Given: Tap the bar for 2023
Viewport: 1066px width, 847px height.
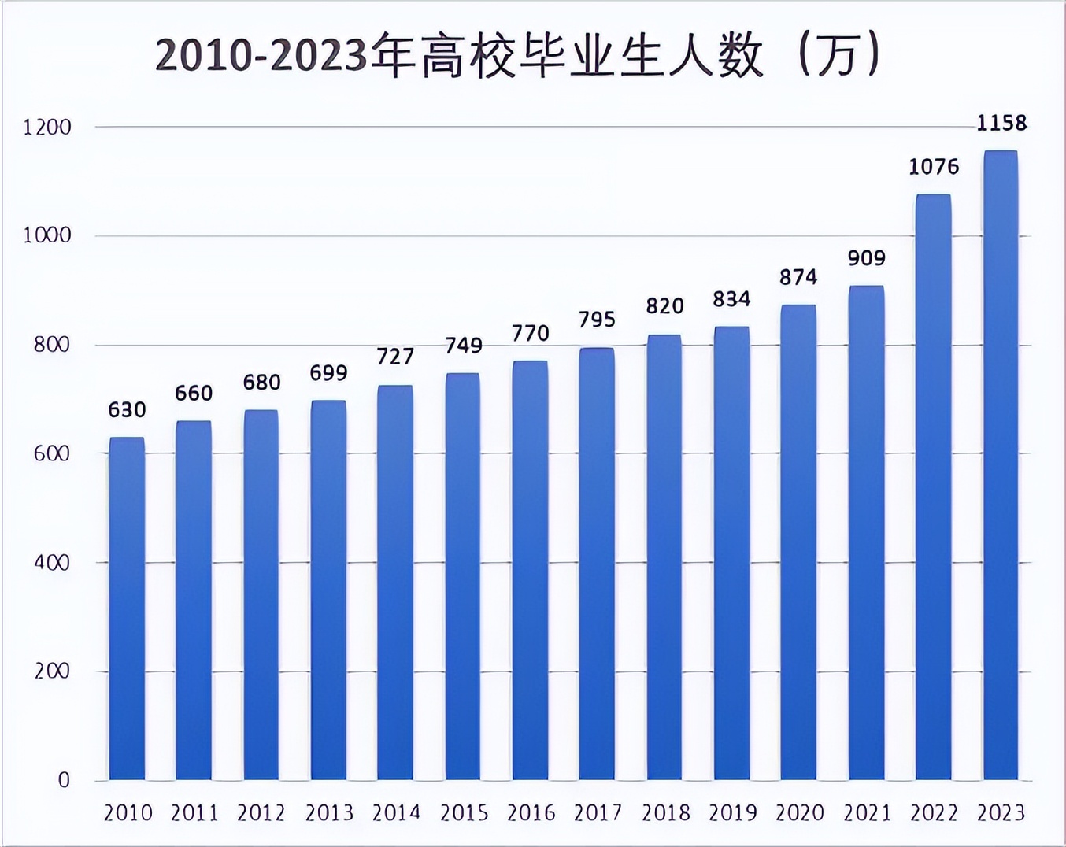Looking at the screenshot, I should (1001, 464).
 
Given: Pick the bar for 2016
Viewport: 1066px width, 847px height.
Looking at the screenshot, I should (530, 570).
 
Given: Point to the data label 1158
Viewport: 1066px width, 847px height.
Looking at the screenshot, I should (1001, 123).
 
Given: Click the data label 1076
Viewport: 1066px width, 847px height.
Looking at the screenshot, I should (934, 167).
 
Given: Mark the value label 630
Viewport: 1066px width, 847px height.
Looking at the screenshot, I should (127, 410).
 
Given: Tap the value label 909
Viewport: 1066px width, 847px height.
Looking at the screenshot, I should (866, 258).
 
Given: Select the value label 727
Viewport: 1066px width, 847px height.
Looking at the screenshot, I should (395, 357).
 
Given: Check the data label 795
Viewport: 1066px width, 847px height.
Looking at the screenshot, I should (597, 320).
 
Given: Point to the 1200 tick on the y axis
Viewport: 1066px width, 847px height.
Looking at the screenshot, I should (47, 127).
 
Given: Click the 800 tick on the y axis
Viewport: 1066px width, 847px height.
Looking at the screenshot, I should (52, 345).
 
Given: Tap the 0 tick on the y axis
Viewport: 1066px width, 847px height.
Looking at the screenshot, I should (64, 780).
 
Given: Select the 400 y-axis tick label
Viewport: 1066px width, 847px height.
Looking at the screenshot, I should (52, 563).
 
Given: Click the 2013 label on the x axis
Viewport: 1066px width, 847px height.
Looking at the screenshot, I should (329, 812).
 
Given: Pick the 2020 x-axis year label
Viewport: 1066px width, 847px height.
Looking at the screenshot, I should (799, 812).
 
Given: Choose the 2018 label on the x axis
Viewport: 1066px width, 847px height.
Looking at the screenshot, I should (665, 812).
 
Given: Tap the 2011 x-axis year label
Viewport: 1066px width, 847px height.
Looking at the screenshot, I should (194, 812).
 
